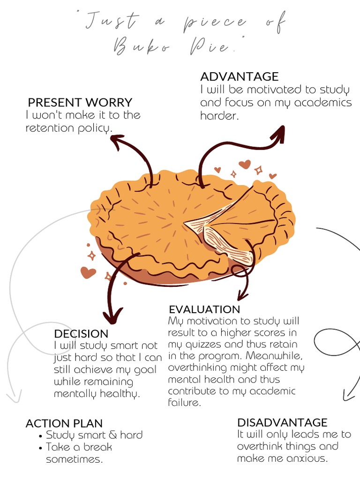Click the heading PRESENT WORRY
coord(80,103)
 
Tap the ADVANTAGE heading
coord(239,77)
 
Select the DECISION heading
coord(81,334)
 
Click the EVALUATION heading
coord(204,309)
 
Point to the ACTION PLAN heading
coord(64,423)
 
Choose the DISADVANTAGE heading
coord(282,422)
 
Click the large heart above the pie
coord(244,164)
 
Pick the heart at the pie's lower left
coord(88,272)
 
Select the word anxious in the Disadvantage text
coord(307,458)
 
